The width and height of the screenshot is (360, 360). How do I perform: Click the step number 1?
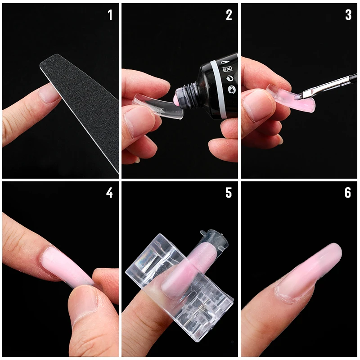point(110,15)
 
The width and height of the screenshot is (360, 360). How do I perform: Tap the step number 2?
point(229,15)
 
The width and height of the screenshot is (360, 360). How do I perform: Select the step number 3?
point(348,15)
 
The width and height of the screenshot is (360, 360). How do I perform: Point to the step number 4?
point(109,193)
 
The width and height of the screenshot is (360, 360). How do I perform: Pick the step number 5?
point(229,193)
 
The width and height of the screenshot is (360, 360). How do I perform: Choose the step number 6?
point(348,193)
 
